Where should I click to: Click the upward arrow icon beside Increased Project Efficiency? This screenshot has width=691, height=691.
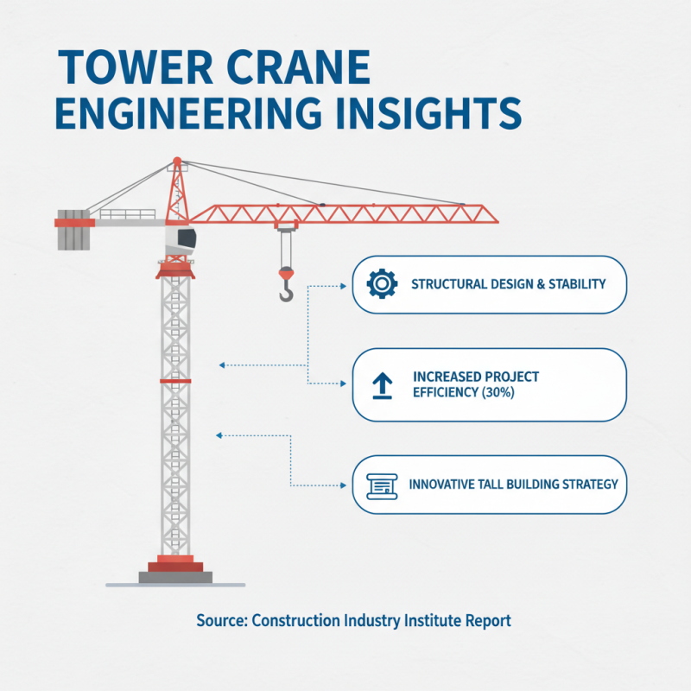coord(381,386)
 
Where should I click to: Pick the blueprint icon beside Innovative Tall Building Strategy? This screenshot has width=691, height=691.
coord(380,485)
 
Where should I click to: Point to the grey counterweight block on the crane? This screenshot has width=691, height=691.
coord(73,230)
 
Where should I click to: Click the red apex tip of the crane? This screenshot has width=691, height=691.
coord(177,162)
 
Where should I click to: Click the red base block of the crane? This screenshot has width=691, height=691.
coord(175,566)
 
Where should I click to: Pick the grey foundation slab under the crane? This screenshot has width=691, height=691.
coord(175,577)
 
